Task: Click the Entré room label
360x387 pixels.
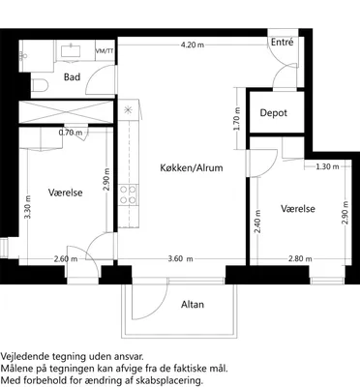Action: [x=282, y=43]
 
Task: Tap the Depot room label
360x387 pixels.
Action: [x=274, y=113]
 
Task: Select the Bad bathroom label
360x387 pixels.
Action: [x=72, y=77]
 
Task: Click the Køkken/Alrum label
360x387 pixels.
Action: [x=192, y=167]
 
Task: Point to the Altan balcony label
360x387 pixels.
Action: [x=193, y=305]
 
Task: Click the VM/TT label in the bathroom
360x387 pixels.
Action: [x=105, y=51]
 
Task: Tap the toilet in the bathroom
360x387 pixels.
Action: [x=41, y=85]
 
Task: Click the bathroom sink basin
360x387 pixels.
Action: [x=71, y=51]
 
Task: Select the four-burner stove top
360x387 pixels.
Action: [x=128, y=194]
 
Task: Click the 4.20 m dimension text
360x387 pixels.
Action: [x=193, y=45]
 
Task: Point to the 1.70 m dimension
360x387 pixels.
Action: [x=237, y=118]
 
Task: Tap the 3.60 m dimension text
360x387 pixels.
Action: [x=181, y=258]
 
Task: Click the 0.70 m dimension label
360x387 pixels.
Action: [x=71, y=133]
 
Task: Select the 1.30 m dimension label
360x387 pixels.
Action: [x=327, y=166]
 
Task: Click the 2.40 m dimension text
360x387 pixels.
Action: [x=257, y=222]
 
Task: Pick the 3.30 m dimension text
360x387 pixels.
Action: [x=28, y=207]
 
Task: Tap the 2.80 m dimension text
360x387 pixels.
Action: [x=300, y=258]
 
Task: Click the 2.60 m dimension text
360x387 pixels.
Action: [x=66, y=258]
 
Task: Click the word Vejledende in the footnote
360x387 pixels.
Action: [x=24, y=357]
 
